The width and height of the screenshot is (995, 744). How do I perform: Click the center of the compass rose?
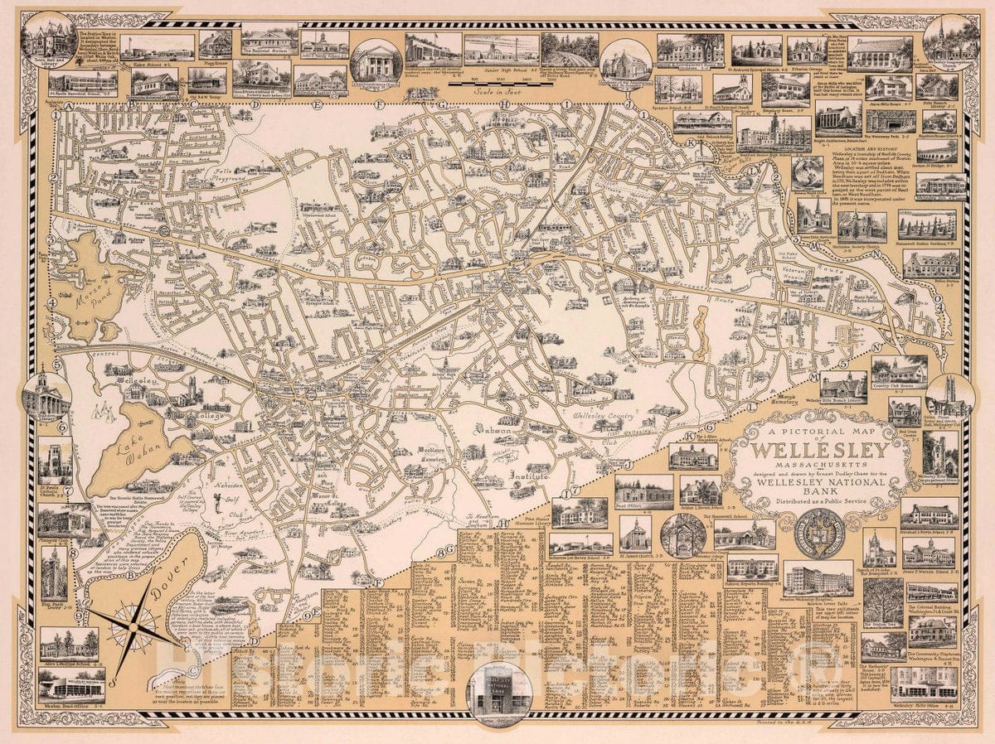(x=133, y=628)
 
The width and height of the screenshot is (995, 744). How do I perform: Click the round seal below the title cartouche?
(x=818, y=533)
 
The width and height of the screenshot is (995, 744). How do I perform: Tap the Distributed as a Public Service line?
(x=820, y=500)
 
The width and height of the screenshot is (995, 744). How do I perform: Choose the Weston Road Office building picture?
(x=70, y=684)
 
